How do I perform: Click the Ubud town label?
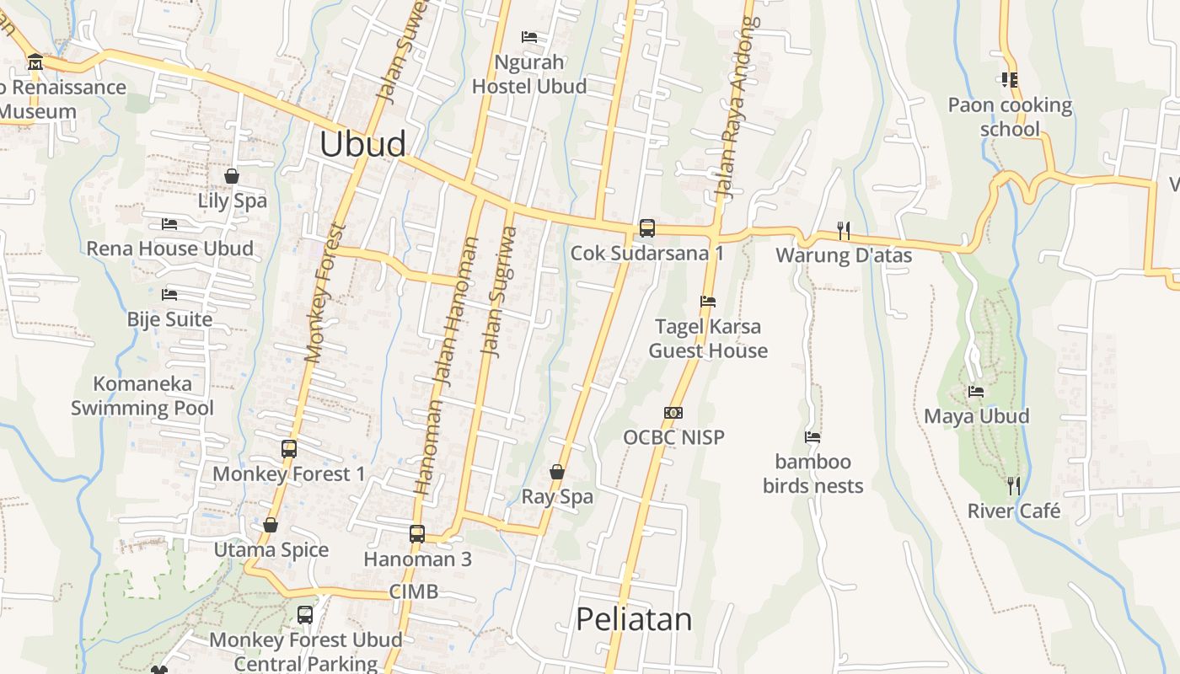click(362, 144)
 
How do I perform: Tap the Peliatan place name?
click(634, 619)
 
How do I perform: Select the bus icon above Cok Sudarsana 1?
click(647, 227)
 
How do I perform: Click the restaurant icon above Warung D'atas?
click(843, 229)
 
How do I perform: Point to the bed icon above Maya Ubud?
click(976, 392)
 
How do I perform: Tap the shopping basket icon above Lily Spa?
click(232, 176)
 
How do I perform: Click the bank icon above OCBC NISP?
click(673, 413)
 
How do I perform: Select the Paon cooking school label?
click(1010, 117)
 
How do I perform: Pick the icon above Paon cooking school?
click(1010, 80)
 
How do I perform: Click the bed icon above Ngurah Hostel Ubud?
click(529, 37)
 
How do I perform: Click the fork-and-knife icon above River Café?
click(1014, 485)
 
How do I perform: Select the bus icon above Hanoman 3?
click(417, 533)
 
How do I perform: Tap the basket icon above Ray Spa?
click(557, 472)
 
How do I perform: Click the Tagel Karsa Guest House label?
click(708, 339)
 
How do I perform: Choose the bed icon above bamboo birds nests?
click(813, 437)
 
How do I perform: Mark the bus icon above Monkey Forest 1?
click(289, 448)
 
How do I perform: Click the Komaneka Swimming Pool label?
click(142, 396)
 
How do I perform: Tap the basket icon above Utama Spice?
click(271, 525)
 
